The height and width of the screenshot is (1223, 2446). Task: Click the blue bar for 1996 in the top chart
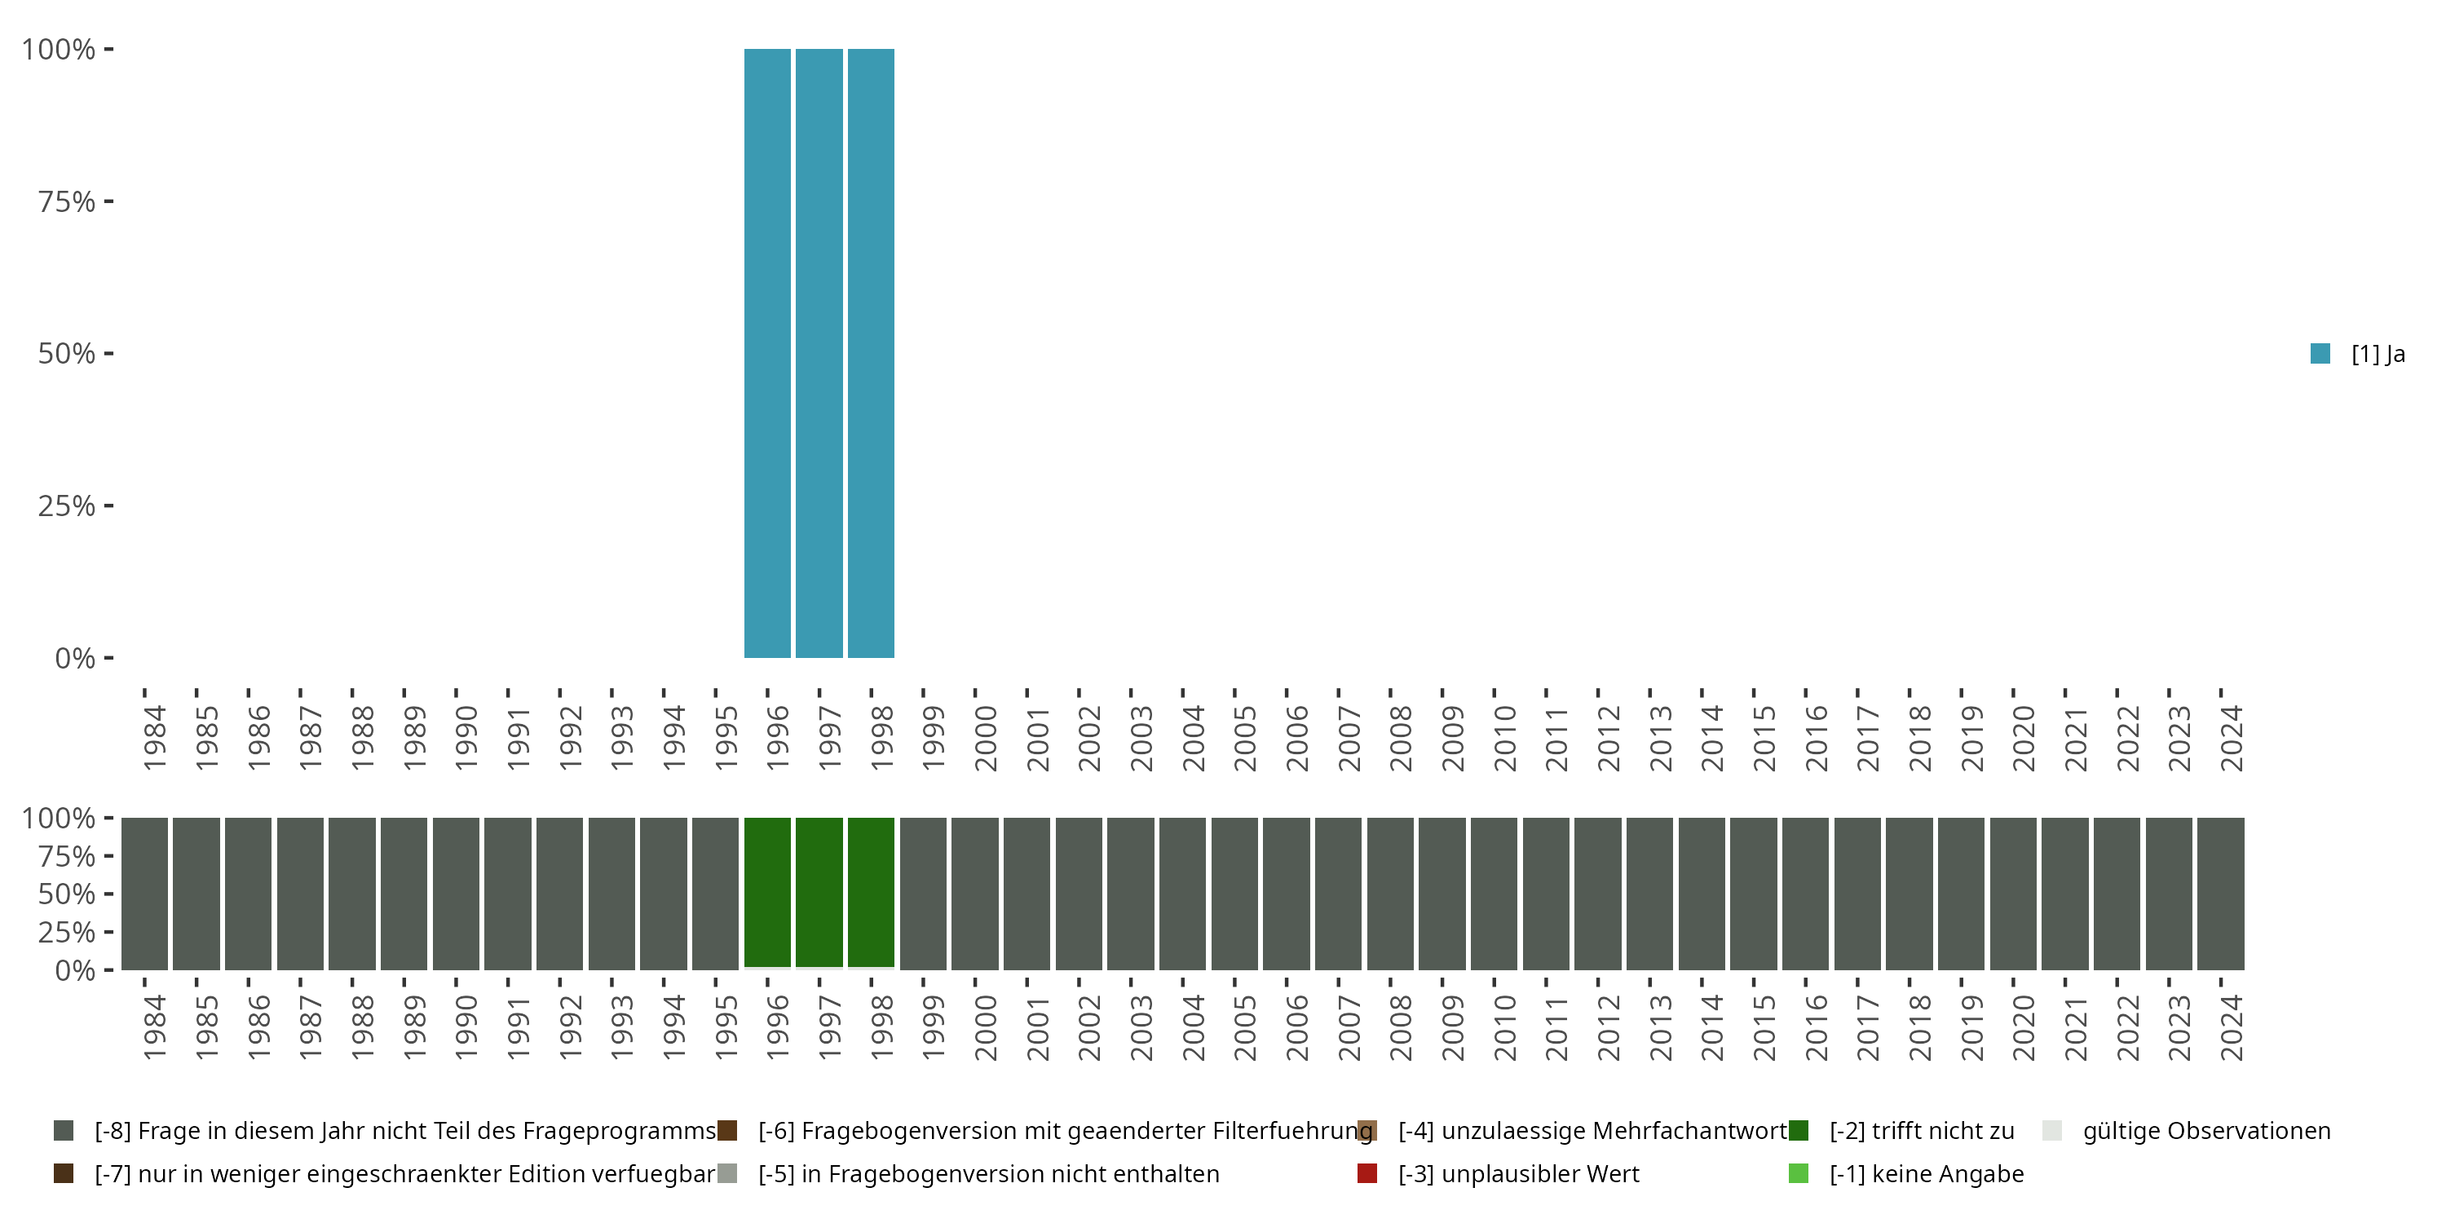coord(767,353)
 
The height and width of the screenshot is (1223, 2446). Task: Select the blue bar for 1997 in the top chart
coord(819,353)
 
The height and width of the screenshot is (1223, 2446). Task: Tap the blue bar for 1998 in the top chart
coord(871,353)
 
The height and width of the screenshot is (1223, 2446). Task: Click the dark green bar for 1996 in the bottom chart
coord(767,893)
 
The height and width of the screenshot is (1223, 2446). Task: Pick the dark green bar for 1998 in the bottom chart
coord(871,893)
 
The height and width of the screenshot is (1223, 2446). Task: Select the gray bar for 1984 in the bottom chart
coord(144,894)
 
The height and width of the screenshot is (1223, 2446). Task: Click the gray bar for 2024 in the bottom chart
coord(2221,894)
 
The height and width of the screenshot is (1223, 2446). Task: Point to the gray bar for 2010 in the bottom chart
coord(1495,894)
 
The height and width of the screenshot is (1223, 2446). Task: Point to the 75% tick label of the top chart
coord(67,201)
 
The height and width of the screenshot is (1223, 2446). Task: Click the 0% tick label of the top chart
coord(75,658)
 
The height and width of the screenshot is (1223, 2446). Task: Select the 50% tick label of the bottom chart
coord(67,894)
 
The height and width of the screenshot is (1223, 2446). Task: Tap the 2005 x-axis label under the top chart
coord(1245,738)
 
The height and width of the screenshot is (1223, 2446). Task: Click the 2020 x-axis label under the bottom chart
coord(2024,1027)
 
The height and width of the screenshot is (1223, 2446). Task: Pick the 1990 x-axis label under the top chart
coord(466,738)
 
